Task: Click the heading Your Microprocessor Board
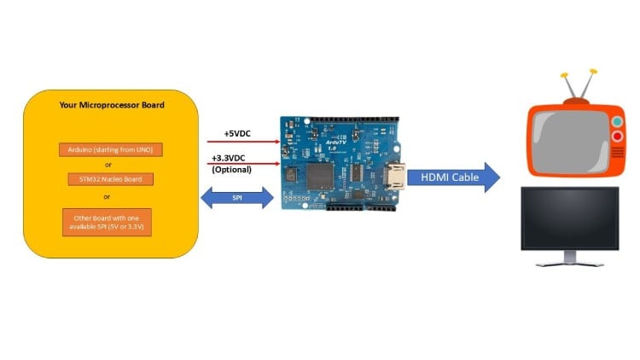[x=112, y=106]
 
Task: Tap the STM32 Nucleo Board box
[x=111, y=179]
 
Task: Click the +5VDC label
[x=237, y=134]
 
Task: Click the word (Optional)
[x=231, y=169]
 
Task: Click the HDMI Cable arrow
[x=453, y=178]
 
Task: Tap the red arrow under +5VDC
[x=243, y=142]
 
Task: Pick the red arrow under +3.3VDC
[x=243, y=165]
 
